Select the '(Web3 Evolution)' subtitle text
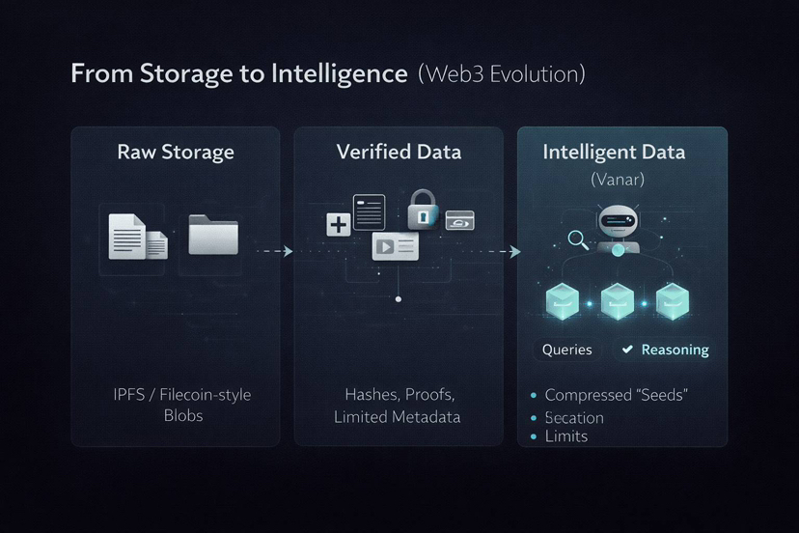502,74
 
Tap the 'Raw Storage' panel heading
176,152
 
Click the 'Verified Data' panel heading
399,152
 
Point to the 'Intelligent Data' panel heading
614,152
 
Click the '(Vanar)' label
617,179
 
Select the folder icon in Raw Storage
213,235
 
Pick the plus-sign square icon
339,226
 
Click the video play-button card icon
395,246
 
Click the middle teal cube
618,300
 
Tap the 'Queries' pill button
567,350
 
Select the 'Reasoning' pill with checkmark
665,350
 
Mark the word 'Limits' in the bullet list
566,436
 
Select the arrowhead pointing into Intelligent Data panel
514,252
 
